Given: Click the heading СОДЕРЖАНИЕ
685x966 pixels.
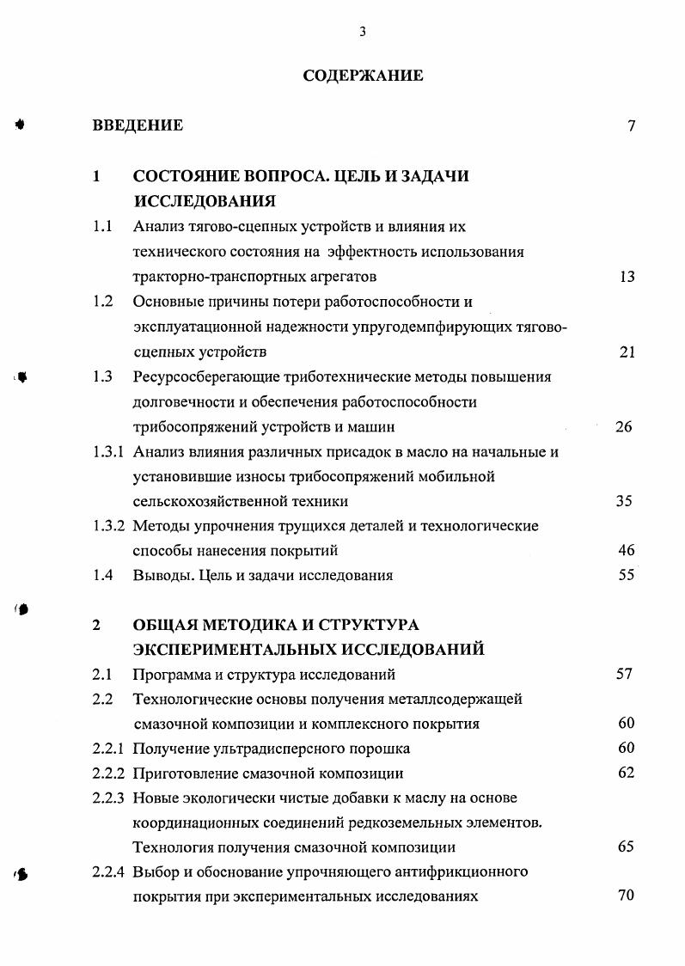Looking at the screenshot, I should coord(363,76).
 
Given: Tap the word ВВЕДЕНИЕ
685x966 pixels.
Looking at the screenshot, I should coord(138,125).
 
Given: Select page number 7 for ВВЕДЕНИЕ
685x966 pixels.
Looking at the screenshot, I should coord(631,126).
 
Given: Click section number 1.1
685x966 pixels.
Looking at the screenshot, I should coord(103,228).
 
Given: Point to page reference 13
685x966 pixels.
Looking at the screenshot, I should coord(627,277).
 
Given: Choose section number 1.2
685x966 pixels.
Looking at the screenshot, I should coord(103,302).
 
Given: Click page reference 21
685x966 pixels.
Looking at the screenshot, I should coord(627,352).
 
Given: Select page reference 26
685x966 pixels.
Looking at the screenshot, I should coord(624,426).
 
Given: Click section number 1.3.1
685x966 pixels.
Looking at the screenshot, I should coord(110,451).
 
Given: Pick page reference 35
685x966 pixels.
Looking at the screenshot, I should coord(625,501).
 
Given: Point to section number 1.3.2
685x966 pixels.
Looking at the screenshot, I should coord(110,525).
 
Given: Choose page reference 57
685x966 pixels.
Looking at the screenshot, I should coord(625,674).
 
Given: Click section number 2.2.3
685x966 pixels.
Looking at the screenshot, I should coord(110,798).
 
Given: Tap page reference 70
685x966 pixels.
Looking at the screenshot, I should coord(626,896).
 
